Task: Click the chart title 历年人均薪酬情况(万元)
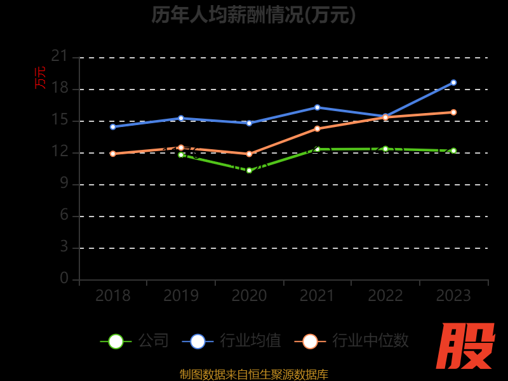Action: coord(254,15)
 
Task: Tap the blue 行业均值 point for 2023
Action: coord(453,83)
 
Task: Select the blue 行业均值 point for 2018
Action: coord(113,127)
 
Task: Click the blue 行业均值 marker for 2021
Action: coord(317,107)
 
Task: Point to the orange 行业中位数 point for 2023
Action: coord(453,112)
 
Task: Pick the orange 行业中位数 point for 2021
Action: coord(317,129)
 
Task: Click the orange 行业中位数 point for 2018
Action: coord(113,154)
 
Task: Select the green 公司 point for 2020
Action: coord(249,170)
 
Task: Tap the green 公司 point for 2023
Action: coord(453,150)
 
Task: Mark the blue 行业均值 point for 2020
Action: coord(249,123)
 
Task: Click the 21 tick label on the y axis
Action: coord(60,57)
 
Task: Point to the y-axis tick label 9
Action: coord(64,184)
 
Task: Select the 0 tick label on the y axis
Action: coord(64,279)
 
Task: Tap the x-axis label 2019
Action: coord(181,296)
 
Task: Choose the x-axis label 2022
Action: coord(385,296)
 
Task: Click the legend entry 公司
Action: coord(135,341)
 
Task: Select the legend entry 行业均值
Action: coord(232,341)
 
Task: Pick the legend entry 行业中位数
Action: coord(352,341)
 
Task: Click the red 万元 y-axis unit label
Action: coord(41,77)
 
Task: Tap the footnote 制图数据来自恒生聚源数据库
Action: coord(254,375)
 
